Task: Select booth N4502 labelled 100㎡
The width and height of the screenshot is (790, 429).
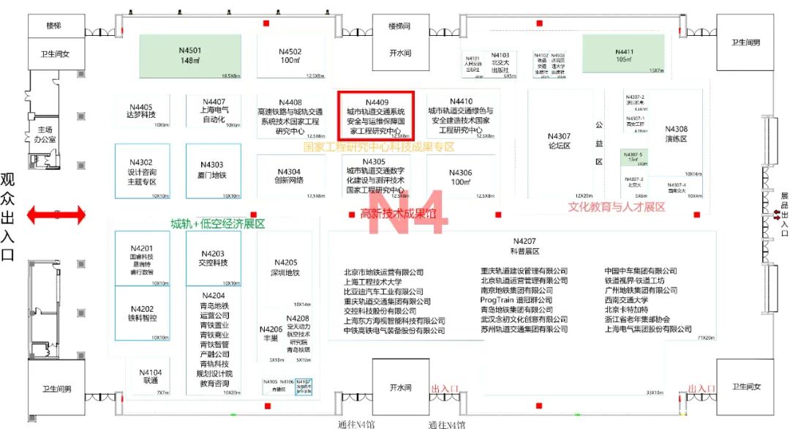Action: [290, 56]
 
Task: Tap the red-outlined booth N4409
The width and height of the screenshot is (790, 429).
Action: [376, 116]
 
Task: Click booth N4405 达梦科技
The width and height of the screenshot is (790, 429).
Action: [140, 111]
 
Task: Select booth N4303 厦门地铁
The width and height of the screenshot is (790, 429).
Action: [214, 170]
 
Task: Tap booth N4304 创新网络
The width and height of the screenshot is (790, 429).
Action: [289, 176]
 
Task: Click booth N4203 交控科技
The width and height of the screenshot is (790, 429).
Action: [214, 258]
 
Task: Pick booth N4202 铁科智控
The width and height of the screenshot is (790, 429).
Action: [141, 313]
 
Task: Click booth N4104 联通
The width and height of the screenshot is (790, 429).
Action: [151, 376]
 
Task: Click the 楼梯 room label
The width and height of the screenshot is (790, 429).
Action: [54, 26]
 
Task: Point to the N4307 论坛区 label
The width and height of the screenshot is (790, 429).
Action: [559, 141]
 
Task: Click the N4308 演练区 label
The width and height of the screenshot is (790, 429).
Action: [676, 134]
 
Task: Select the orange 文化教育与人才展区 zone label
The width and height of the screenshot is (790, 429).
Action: [617, 207]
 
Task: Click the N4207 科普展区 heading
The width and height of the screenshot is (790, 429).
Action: [524, 246]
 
